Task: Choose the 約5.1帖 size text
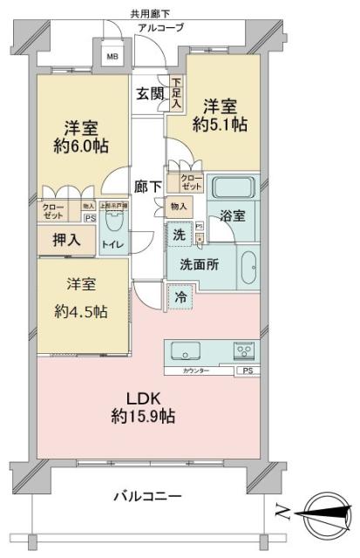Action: pyautogui.click(x=224, y=125)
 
